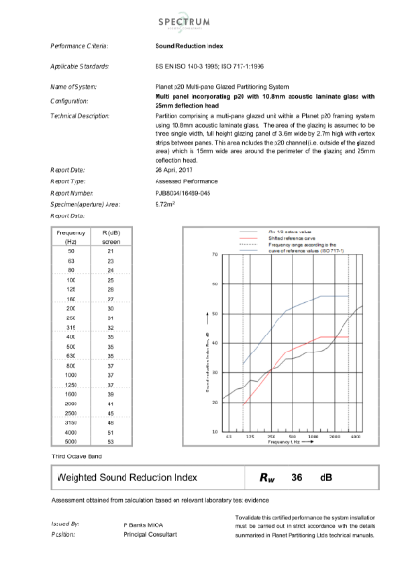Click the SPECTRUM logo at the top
tap(199, 20)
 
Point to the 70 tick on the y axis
tap(216, 255)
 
